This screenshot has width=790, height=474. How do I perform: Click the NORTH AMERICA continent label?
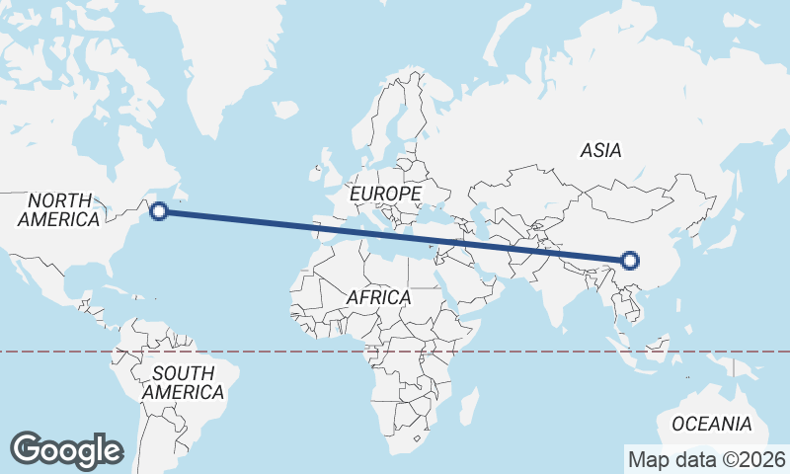click(x=59, y=209)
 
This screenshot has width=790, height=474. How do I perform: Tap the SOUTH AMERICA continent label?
click(x=183, y=383)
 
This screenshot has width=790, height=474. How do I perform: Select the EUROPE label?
click(x=385, y=194)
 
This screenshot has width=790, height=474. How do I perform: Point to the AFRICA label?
click(x=379, y=296)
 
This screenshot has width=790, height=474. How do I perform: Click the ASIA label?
click(x=600, y=151)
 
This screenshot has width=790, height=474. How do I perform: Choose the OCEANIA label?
click(x=711, y=424)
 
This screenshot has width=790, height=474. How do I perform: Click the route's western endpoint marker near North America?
click(x=158, y=210)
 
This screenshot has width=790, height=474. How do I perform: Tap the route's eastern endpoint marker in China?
click(x=630, y=261)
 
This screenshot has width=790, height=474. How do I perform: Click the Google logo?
click(x=66, y=450)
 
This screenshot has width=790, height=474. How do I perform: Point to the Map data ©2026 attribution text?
click(x=707, y=459)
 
